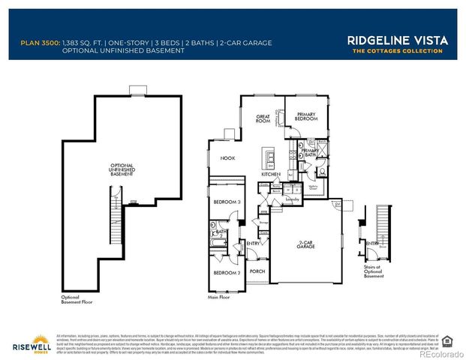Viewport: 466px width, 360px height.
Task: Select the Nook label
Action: tap(228, 158)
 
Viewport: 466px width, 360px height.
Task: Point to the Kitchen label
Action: tap(271, 174)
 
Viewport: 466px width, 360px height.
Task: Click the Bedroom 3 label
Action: tap(226, 202)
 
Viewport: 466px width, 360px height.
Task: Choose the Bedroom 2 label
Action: tap(226, 272)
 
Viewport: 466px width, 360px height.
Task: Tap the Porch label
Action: tap(257, 271)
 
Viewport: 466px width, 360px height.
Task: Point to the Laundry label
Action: tap(292, 199)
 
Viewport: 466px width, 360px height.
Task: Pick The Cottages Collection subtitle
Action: tap(389, 51)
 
